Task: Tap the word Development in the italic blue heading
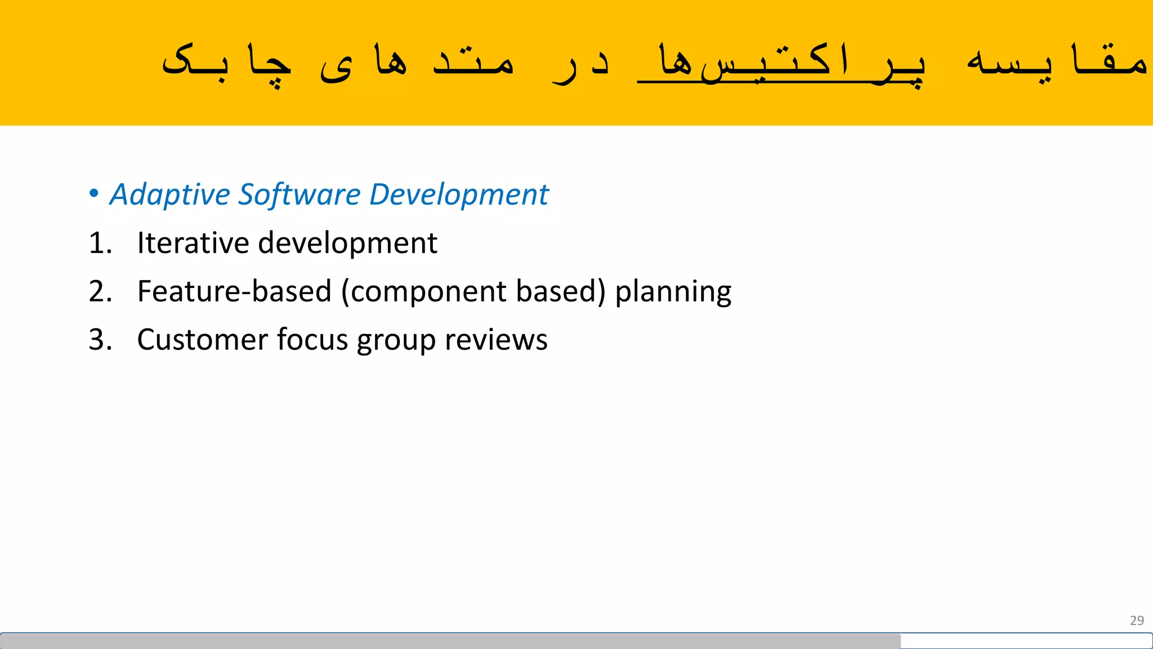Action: (x=458, y=195)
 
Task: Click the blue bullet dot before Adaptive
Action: (x=94, y=193)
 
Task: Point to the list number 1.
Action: (x=100, y=243)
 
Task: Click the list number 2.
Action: (x=100, y=292)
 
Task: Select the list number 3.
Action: (x=100, y=340)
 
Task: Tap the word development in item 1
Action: (x=347, y=243)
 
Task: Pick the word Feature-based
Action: (x=234, y=292)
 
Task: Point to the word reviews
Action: (x=496, y=340)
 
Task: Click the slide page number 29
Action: (x=1137, y=620)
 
